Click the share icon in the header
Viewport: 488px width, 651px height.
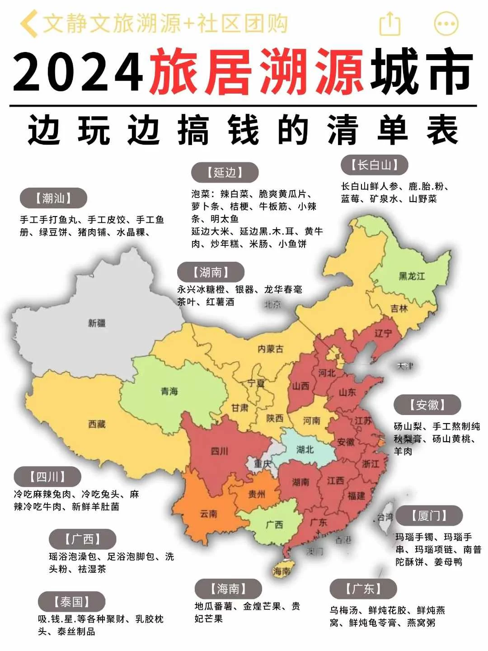coord(389,24)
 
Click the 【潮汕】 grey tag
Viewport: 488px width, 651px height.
coord(53,198)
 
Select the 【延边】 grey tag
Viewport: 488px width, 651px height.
coord(225,172)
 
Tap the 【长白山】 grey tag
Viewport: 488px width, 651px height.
coord(374,165)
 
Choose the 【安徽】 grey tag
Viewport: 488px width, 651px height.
coord(427,405)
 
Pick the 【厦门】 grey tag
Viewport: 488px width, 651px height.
coord(429,515)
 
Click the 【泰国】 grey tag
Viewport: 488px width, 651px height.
coord(71,602)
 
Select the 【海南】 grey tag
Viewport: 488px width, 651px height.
coord(228,589)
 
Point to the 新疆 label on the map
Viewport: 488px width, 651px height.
coord(97,323)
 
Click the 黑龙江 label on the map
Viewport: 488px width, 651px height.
coord(411,276)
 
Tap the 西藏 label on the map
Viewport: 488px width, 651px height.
coord(97,424)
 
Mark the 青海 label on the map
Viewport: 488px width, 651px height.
coord(169,391)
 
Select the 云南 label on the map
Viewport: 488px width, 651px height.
coord(208,514)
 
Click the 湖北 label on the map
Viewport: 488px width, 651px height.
coord(305,449)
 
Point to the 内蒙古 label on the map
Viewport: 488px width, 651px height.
coord(270,349)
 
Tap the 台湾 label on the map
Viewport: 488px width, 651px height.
coord(385,517)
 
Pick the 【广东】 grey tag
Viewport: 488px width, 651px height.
coord(363,589)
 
